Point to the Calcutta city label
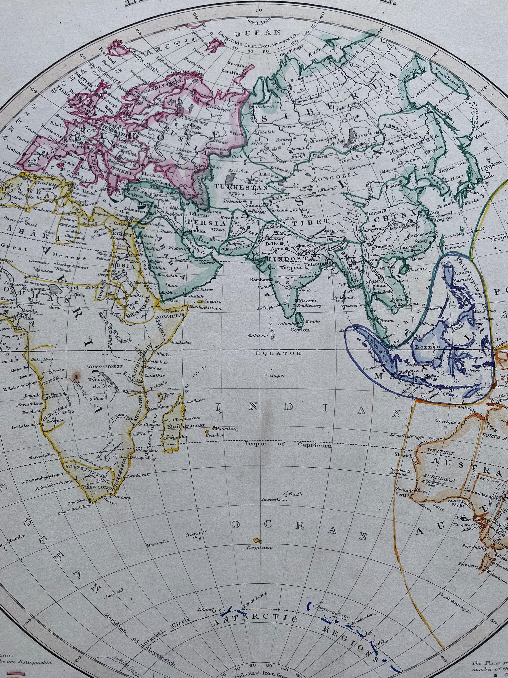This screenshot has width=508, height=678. (x=312, y=264)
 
